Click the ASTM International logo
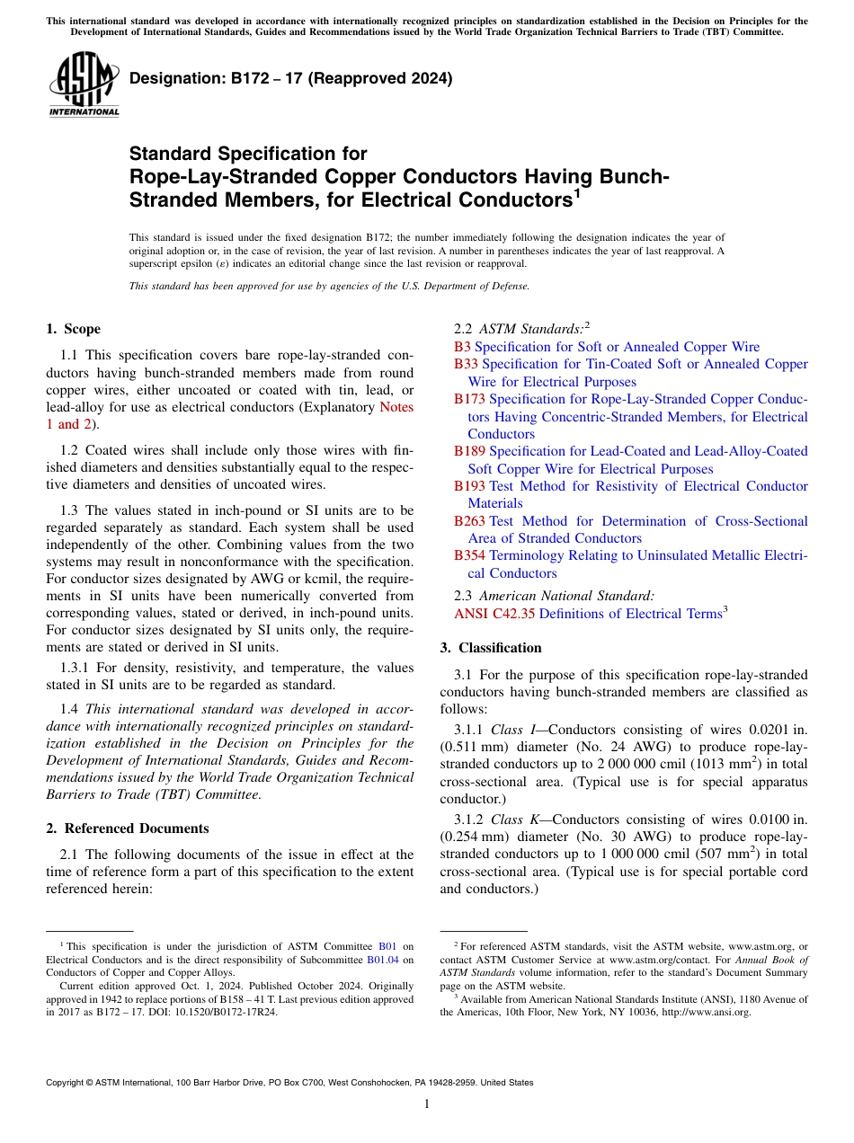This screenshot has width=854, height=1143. click(x=84, y=85)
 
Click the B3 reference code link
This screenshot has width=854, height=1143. click(x=462, y=347)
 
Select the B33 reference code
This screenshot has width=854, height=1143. click(x=466, y=364)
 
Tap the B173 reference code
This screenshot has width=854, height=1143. click(x=469, y=399)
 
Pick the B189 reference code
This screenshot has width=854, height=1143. click(x=469, y=451)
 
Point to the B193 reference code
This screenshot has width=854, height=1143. click(x=469, y=486)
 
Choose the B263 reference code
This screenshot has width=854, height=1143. click(x=469, y=521)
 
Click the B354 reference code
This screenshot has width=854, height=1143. click(x=469, y=556)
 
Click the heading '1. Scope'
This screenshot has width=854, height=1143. click(x=73, y=329)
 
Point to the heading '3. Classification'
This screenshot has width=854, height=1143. click(x=491, y=648)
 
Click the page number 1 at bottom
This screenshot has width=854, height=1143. click(x=427, y=1104)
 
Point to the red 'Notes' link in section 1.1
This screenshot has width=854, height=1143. click(x=396, y=407)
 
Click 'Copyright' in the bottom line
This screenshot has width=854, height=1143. click(x=68, y=1083)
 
